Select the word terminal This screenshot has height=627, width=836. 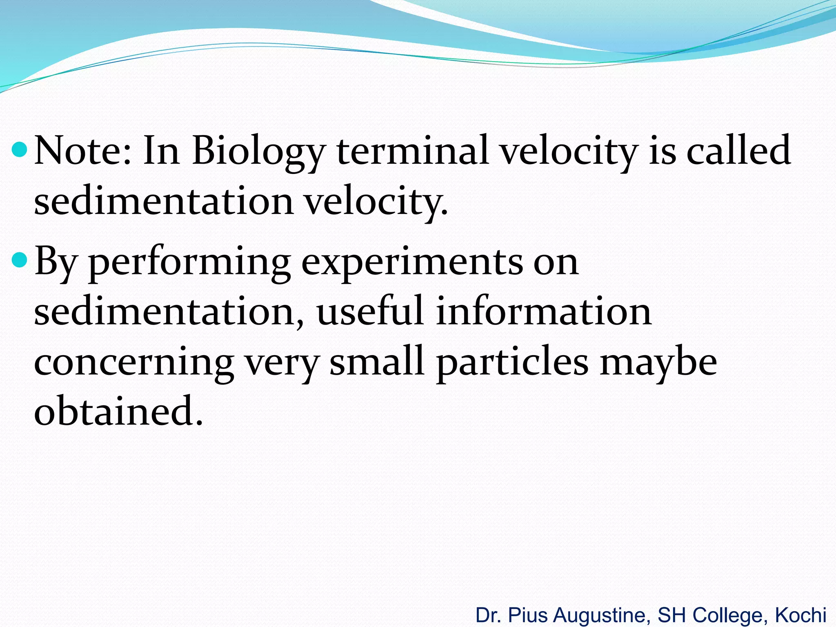[x=412, y=151]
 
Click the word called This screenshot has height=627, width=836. [x=738, y=151]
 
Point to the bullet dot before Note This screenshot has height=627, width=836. [x=20, y=150]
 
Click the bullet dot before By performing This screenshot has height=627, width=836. [x=20, y=260]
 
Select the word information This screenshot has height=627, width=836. [x=543, y=312]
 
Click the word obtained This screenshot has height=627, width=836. [x=118, y=411]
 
